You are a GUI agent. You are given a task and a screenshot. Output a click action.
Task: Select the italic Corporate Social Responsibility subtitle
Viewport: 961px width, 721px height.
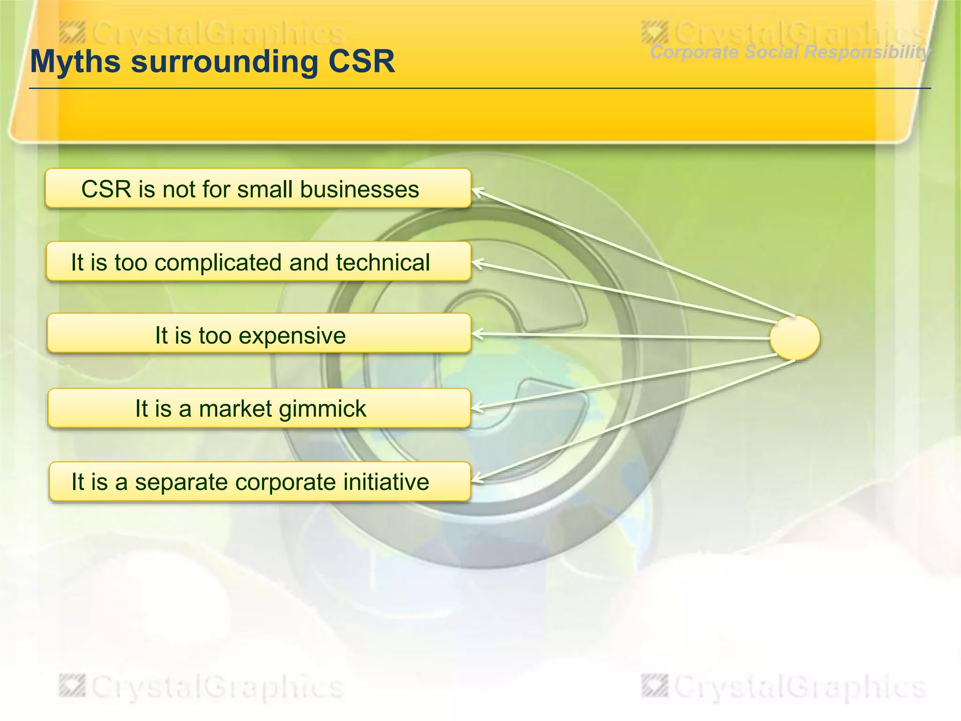pos(790,52)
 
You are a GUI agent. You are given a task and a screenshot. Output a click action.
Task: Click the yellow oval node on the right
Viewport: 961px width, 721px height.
pos(795,338)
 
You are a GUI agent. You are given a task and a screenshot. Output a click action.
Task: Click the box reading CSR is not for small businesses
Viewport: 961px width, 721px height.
pos(258,189)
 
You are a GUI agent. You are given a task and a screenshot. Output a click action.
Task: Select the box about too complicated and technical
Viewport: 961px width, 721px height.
pos(258,262)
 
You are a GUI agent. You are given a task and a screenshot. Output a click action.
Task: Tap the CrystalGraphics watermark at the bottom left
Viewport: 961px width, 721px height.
pos(202,687)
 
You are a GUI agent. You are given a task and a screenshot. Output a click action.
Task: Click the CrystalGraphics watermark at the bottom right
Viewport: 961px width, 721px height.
pos(784,687)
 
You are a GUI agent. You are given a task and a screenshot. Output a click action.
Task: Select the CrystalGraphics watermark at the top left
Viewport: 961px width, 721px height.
pos(202,34)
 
